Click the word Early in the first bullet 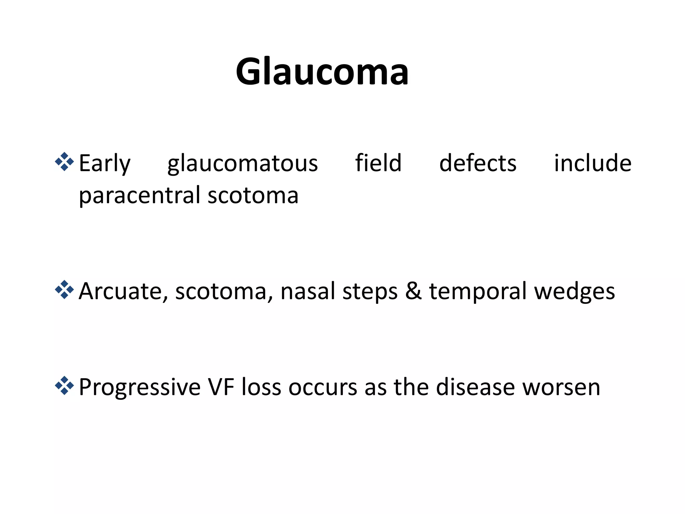pyautogui.click(x=104, y=164)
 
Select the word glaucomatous pyautogui.click(x=242, y=164)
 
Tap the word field pyautogui.click(x=378, y=163)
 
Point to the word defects pyautogui.click(x=478, y=163)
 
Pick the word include pyautogui.click(x=593, y=163)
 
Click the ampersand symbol pyautogui.click(x=413, y=291)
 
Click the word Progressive pyautogui.click(x=139, y=388)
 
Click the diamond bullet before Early pyautogui.click(x=64, y=162)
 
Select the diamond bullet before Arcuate pyautogui.click(x=64, y=290)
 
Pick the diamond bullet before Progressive pyautogui.click(x=64, y=386)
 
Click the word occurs pyautogui.click(x=323, y=388)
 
